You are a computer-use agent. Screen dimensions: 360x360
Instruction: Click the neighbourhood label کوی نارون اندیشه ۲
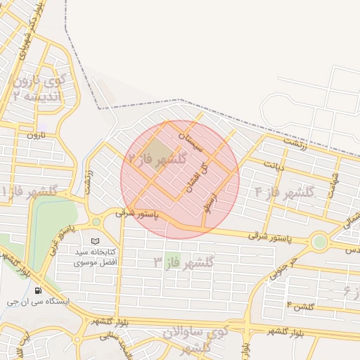[39, 89]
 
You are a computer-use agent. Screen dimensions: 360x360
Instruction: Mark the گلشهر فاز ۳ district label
[184, 263]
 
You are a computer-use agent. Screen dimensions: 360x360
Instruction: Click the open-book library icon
[96, 241]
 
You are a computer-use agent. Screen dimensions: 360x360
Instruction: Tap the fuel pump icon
[37, 290]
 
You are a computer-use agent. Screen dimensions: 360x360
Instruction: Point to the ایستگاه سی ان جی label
[39, 301]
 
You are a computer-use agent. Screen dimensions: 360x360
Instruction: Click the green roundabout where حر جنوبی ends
[320, 242]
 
